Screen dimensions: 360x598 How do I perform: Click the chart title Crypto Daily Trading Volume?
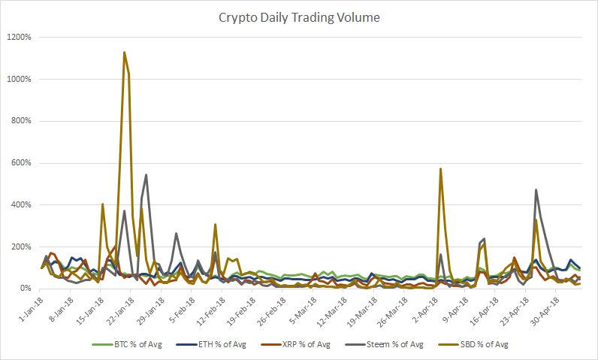(x=298, y=17)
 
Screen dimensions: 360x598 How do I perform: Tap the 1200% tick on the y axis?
(x=18, y=37)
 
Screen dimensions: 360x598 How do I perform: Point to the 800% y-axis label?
(x=20, y=121)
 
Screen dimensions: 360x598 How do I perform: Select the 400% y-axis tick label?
(x=20, y=205)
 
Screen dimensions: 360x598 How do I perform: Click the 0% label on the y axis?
(x=25, y=289)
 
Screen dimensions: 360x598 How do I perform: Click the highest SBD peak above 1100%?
(x=124, y=53)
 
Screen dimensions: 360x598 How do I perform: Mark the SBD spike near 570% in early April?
(x=440, y=169)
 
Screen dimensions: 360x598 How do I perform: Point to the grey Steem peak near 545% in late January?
(x=146, y=175)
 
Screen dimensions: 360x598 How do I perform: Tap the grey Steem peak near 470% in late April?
(x=536, y=190)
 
